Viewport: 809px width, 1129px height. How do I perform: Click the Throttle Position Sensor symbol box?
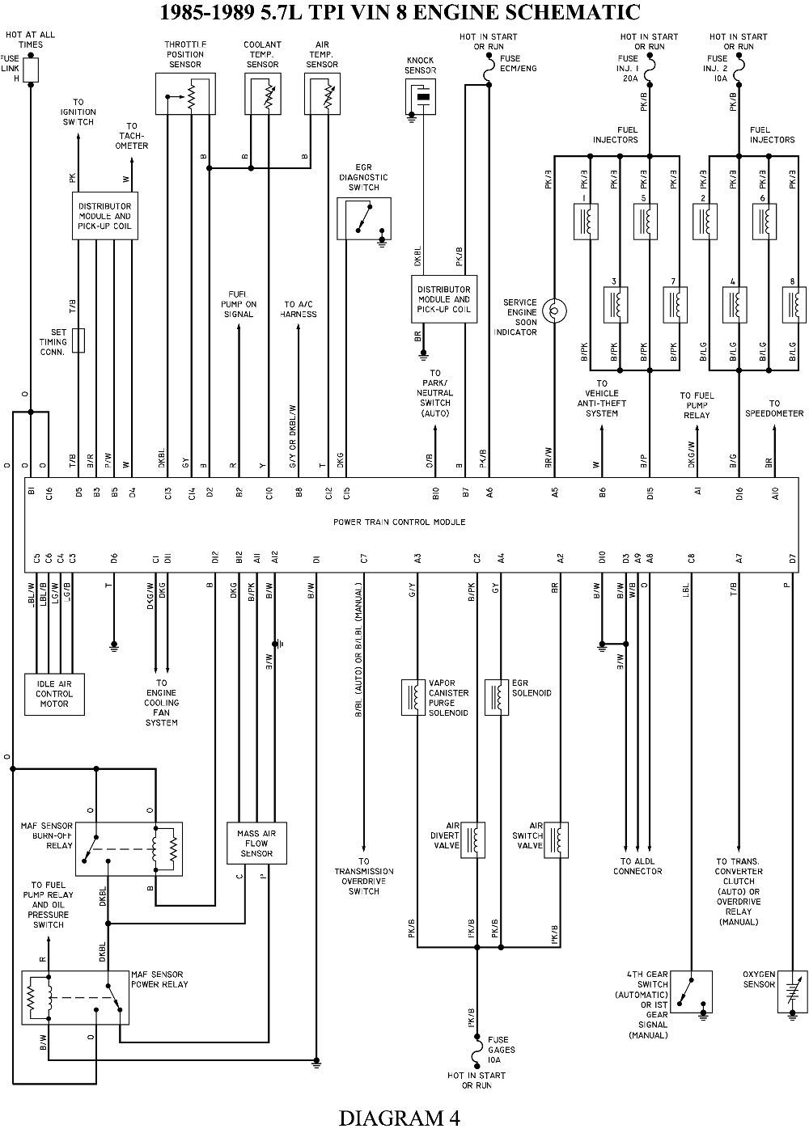(x=185, y=93)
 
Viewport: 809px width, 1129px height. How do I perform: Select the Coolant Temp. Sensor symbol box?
(x=262, y=93)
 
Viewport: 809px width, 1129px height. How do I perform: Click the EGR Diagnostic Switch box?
(x=364, y=218)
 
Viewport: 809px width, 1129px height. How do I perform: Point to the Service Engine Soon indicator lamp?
(x=555, y=310)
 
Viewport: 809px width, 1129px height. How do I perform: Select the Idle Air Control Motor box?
(x=54, y=694)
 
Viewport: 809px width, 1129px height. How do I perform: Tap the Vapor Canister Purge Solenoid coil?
(x=414, y=697)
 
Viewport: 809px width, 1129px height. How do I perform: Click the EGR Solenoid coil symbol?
(x=497, y=697)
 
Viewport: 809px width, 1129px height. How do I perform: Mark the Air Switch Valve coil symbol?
(x=556, y=839)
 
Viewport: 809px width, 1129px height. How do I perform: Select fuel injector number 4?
(x=735, y=304)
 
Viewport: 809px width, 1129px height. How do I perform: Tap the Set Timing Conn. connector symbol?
(x=78, y=340)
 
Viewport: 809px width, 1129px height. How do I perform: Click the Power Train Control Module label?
(x=399, y=522)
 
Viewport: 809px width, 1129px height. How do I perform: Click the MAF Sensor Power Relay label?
(x=159, y=979)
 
